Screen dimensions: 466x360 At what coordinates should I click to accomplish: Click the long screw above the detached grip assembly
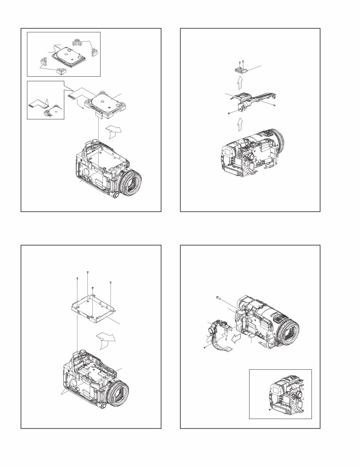coord(218,297)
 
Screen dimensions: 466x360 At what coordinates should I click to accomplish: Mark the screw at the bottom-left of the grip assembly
coord(204,348)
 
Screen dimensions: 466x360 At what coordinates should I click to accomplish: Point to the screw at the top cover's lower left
coord(229,113)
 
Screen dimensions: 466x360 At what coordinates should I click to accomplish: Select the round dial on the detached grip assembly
coord(211,330)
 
